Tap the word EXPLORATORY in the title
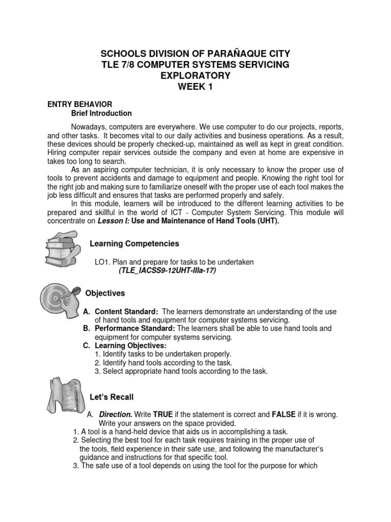coord(196,75)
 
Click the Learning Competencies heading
coord(134,244)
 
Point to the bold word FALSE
coord(283,414)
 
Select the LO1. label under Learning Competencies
coord(103,262)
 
